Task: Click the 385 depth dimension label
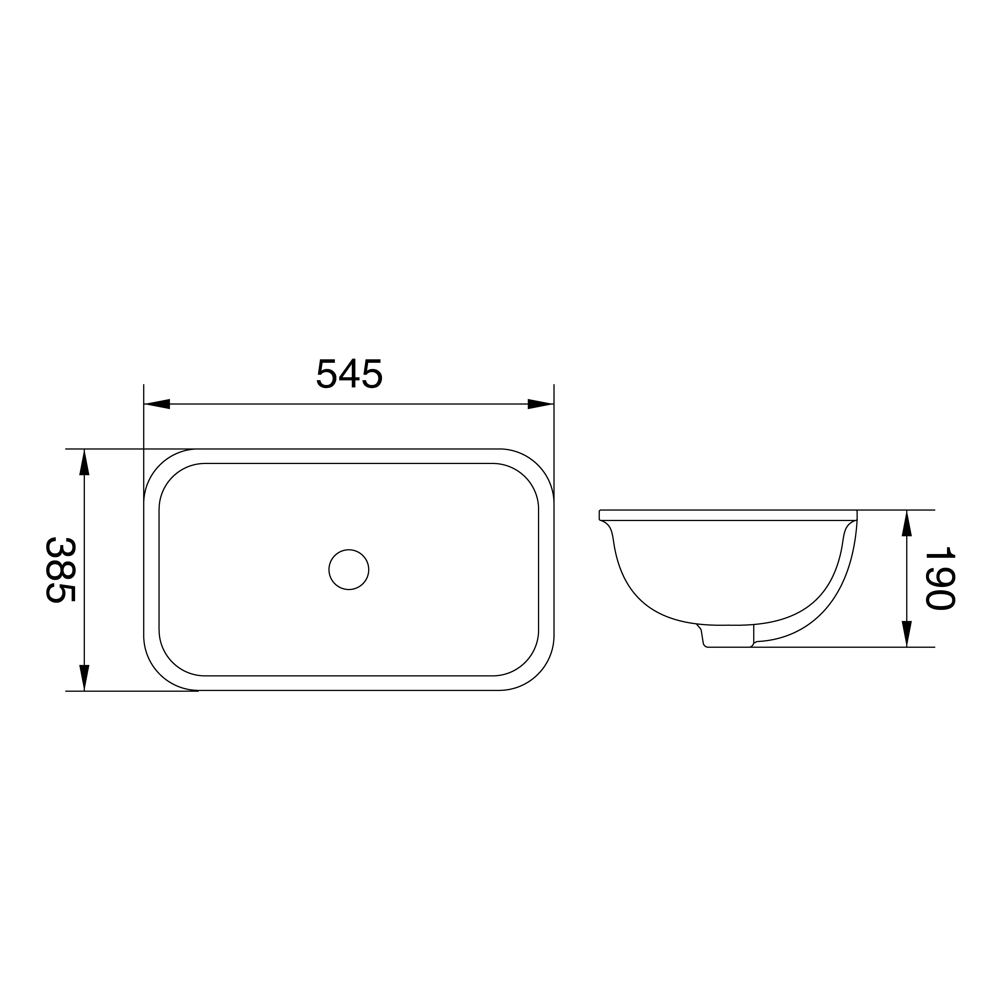(61, 570)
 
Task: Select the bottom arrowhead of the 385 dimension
(84, 678)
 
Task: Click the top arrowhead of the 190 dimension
(907, 523)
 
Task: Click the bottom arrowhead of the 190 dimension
(907, 634)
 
